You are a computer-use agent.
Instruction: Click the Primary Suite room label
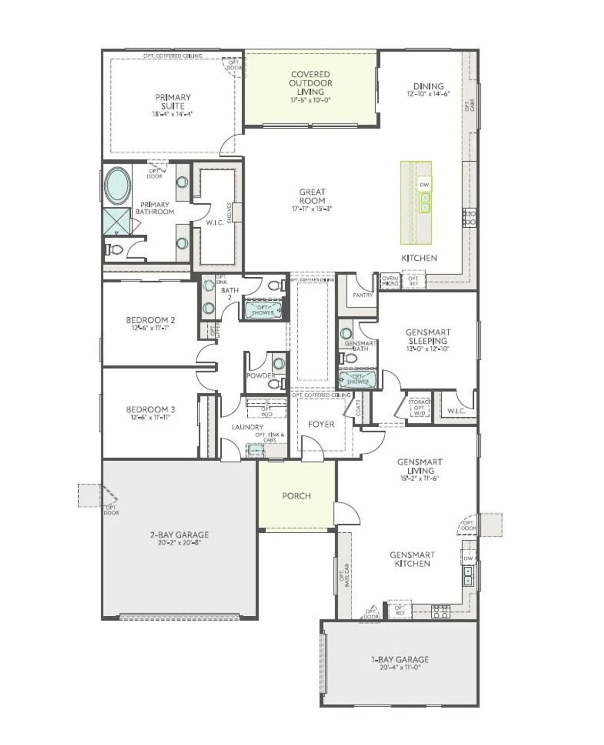[x=173, y=101]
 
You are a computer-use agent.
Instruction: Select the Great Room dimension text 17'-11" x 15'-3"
[x=312, y=208]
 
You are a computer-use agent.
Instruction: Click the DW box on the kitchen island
[x=424, y=185]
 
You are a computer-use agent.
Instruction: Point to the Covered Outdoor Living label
[x=310, y=83]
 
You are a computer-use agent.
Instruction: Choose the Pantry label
[x=362, y=295]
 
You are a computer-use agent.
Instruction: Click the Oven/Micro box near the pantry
[x=390, y=281]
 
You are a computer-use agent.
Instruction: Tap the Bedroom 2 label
[x=147, y=320]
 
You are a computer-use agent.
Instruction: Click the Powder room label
[x=260, y=376]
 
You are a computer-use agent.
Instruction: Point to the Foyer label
[x=321, y=424]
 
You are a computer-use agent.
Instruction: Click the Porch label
[x=296, y=496]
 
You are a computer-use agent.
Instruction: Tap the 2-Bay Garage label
[x=179, y=535]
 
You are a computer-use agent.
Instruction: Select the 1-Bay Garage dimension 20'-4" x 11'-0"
[x=400, y=668]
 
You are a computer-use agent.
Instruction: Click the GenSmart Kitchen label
[x=412, y=559]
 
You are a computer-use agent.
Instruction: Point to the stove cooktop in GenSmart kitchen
[x=440, y=612]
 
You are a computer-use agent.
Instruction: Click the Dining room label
[x=428, y=86]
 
